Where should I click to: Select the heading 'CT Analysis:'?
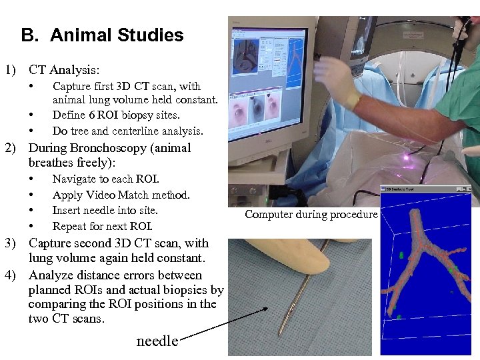[65, 69]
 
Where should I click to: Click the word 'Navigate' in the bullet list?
[74, 179]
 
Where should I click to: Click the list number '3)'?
[11, 243]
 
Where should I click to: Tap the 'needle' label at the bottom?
[157, 341]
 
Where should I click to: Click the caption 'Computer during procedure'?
[311, 214]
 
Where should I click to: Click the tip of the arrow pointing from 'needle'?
[269, 307]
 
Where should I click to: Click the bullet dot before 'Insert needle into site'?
[31, 211]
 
